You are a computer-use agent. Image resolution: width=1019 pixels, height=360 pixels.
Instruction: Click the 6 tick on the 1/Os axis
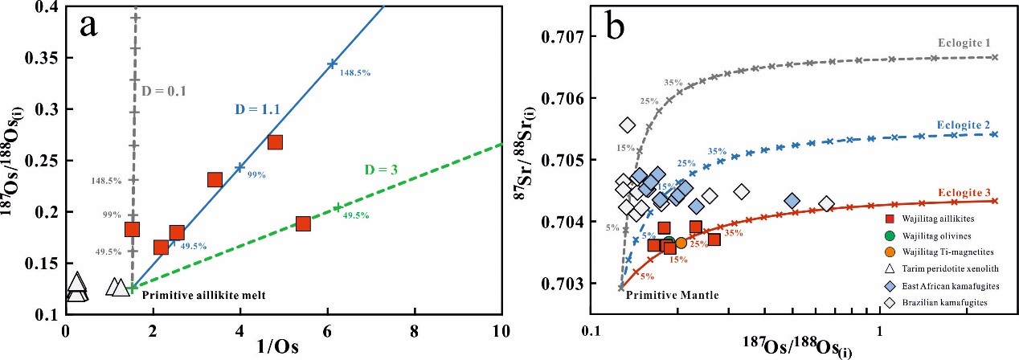(x=327, y=329)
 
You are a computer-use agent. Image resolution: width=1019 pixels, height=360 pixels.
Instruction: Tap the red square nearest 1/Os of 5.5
(x=303, y=223)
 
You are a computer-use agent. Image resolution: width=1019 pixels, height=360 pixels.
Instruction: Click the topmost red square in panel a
(x=275, y=142)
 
